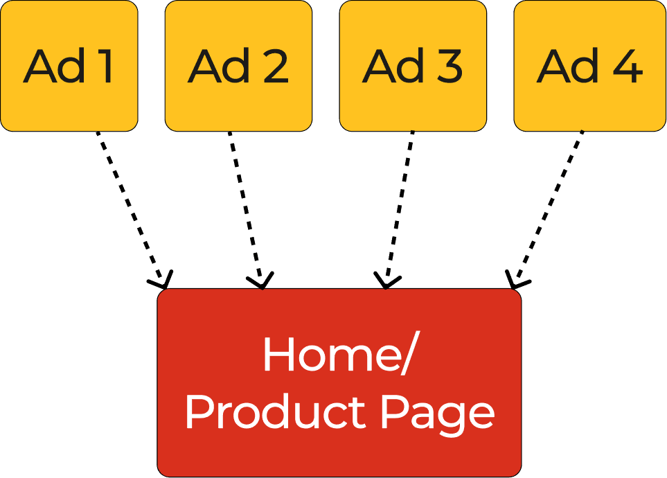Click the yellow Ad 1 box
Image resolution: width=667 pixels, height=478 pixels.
pyautogui.click(x=69, y=66)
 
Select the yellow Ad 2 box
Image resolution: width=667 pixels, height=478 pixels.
pyautogui.click(x=238, y=66)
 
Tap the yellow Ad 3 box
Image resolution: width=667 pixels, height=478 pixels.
pyautogui.click(x=413, y=66)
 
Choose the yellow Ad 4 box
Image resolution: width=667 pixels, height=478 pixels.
pyautogui.click(x=589, y=66)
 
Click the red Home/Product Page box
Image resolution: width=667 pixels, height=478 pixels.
pyautogui.click(x=339, y=382)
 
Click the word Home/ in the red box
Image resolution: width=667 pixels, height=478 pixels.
pyautogui.click(x=339, y=355)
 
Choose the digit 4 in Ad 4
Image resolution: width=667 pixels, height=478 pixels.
pyautogui.click(x=626, y=67)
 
